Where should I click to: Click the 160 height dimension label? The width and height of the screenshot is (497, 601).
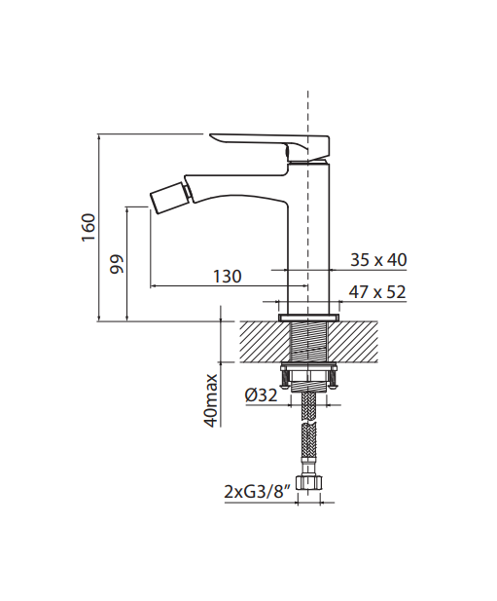point(89,227)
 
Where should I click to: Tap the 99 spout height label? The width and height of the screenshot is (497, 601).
point(118,264)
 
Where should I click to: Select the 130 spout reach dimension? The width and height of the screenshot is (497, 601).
point(228,276)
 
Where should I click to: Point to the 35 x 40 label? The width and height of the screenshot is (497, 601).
point(378,260)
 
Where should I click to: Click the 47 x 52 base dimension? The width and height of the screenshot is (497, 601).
point(377,292)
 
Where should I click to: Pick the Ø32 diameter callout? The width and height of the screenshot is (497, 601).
point(262,395)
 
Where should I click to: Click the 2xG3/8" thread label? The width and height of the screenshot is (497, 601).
point(256,492)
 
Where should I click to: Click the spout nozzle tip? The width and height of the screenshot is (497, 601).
point(169,198)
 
